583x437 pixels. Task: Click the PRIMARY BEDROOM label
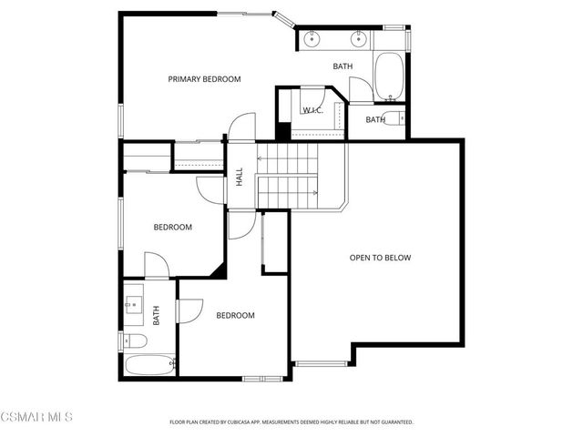[204, 79]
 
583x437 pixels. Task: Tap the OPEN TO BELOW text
[380, 258]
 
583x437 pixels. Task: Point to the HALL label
[240, 177]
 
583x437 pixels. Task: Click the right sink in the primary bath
[358, 38]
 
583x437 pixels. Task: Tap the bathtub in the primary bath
[389, 77]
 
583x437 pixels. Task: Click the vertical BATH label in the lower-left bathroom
[157, 316]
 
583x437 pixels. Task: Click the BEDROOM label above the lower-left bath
[172, 227]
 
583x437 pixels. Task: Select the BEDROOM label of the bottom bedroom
[235, 315]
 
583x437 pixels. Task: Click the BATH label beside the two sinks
[343, 66]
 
